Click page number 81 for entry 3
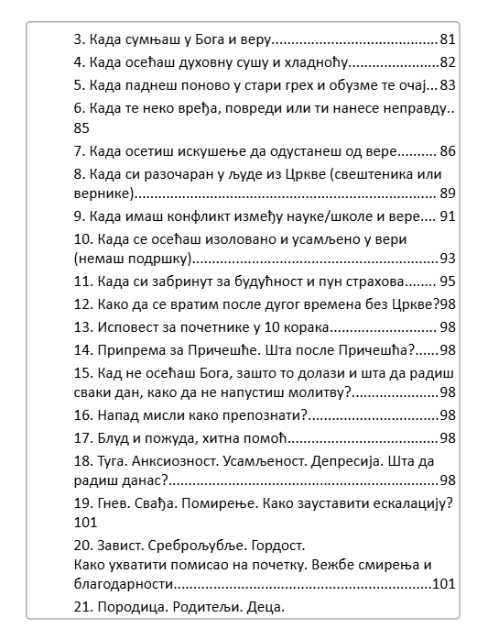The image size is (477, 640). [x=448, y=39]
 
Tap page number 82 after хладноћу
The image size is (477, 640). [x=448, y=62]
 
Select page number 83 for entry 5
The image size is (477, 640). [x=448, y=85]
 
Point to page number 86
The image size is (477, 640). [x=448, y=150]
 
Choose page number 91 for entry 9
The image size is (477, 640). [x=448, y=216]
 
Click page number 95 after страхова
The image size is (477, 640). [x=448, y=281]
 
